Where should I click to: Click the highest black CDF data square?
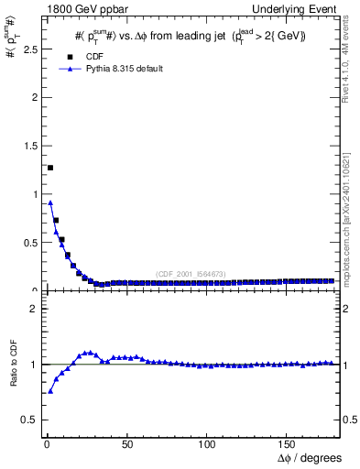(49, 168)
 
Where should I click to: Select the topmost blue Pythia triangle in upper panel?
(49, 202)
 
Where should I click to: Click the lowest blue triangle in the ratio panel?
(49, 391)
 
